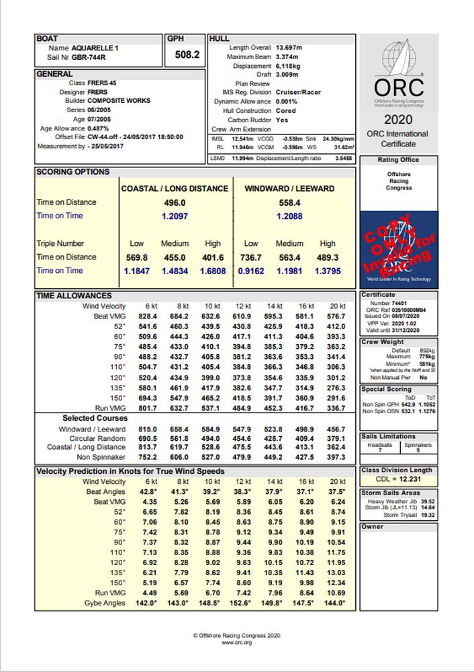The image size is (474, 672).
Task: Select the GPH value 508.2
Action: click(x=187, y=54)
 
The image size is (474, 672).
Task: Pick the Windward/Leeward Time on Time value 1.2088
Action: click(x=289, y=216)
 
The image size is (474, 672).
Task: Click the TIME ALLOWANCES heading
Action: click(x=74, y=296)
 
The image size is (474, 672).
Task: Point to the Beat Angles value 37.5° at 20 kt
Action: click(x=336, y=491)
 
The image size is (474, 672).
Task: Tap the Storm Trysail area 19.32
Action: click(x=427, y=515)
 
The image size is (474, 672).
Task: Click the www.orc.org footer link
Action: click(x=236, y=643)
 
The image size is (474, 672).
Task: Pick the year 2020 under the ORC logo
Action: click(x=399, y=119)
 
